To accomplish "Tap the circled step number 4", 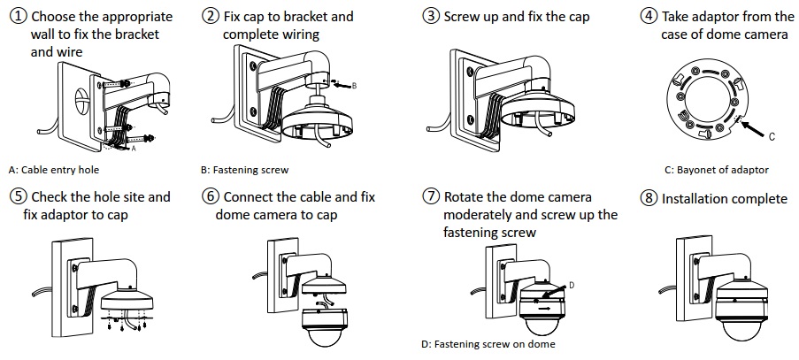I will tap(649, 17).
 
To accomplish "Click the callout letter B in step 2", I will tap(353, 85).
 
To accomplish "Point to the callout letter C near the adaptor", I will tap(771, 137).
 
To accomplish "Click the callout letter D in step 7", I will tap(572, 285).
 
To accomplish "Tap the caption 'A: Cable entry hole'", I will tap(54, 169).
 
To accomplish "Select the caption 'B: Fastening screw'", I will tap(245, 169).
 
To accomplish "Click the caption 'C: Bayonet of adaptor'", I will tap(717, 169).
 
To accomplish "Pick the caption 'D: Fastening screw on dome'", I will tap(488, 344).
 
